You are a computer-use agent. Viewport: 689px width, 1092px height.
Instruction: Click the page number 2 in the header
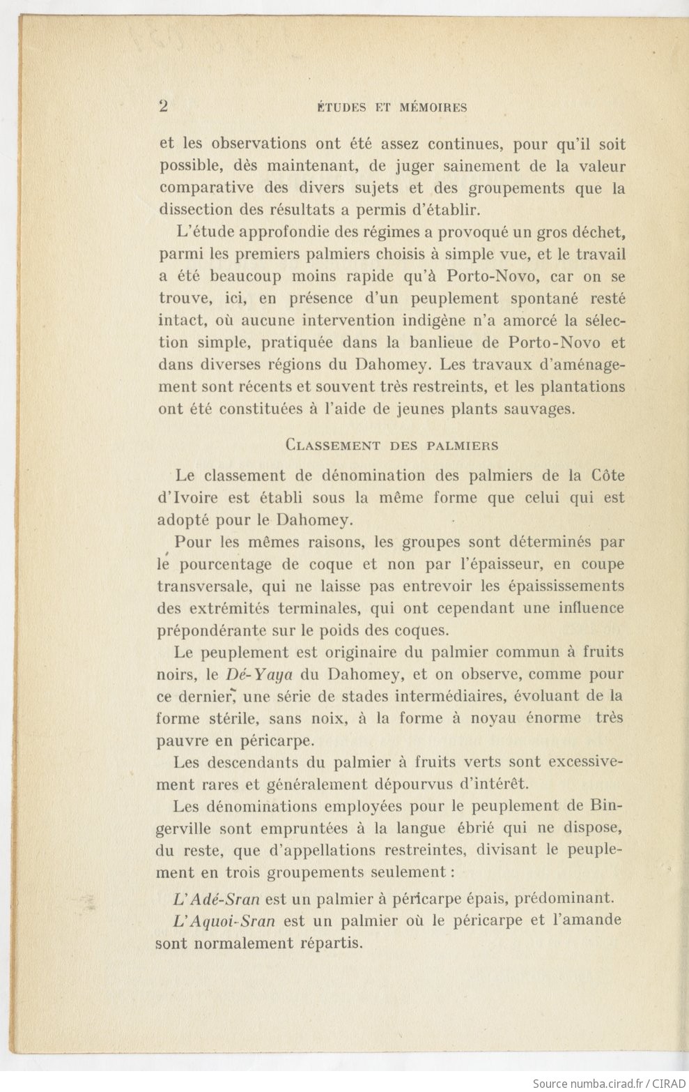click(164, 107)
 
